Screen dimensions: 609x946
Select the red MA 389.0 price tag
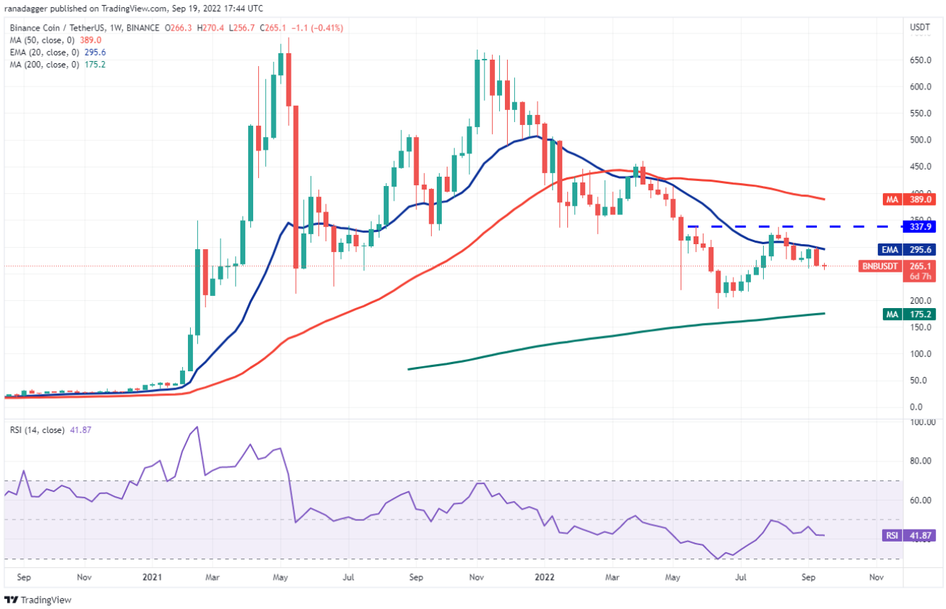pyautogui.click(x=919, y=201)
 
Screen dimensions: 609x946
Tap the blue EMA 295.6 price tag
pyautogui.click(x=919, y=249)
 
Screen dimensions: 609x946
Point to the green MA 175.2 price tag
pyautogui.click(x=919, y=313)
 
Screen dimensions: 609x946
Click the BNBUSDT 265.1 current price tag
pyautogui.click(x=919, y=266)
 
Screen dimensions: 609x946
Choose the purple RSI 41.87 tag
pyautogui.click(x=918, y=535)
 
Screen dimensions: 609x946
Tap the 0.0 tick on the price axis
pyautogui.click(x=917, y=407)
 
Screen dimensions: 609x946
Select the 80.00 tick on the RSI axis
pyautogui.click(x=920, y=461)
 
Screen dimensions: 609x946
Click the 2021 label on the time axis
pyautogui.click(x=152, y=578)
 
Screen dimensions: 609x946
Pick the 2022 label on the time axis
pyautogui.click(x=546, y=578)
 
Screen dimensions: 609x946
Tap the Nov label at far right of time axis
pyautogui.click(x=877, y=578)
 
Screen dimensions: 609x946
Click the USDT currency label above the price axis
pyautogui.click(x=920, y=27)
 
